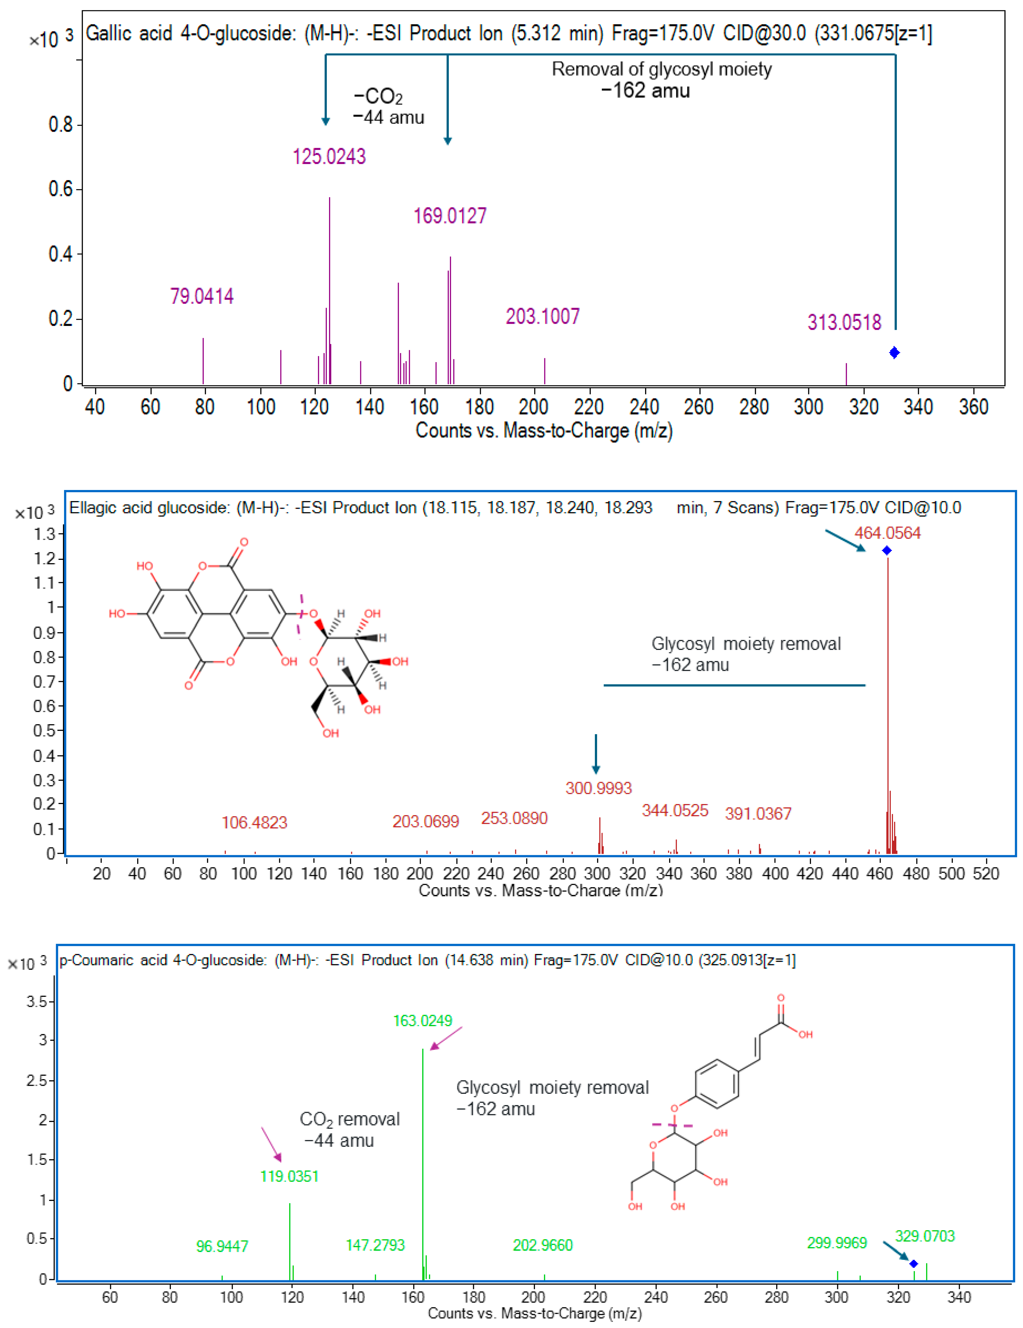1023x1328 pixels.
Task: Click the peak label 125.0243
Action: click(x=329, y=157)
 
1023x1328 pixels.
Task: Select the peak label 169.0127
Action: click(x=450, y=216)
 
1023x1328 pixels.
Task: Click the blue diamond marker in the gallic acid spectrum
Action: click(x=894, y=353)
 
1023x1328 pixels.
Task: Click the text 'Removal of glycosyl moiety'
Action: click(x=661, y=69)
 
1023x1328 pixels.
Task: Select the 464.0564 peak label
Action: click(x=887, y=533)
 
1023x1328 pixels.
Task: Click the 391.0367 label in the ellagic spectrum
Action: click(x=758, y=814)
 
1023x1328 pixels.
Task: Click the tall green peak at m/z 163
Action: click(x=422, y=1155)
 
